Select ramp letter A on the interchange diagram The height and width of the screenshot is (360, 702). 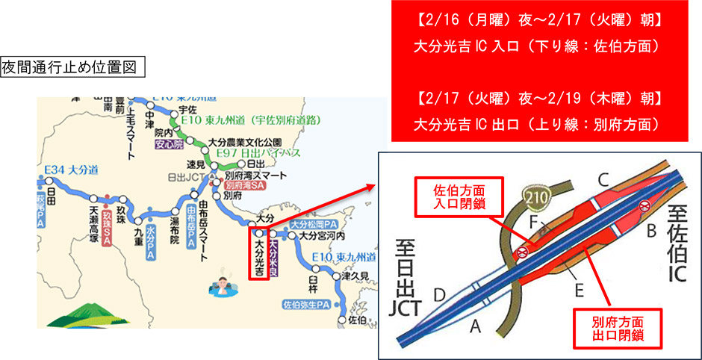pyautogui.click(x=474, y=323)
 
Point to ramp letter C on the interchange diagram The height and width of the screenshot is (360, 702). pyautogui.click(x=604, y=179)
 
